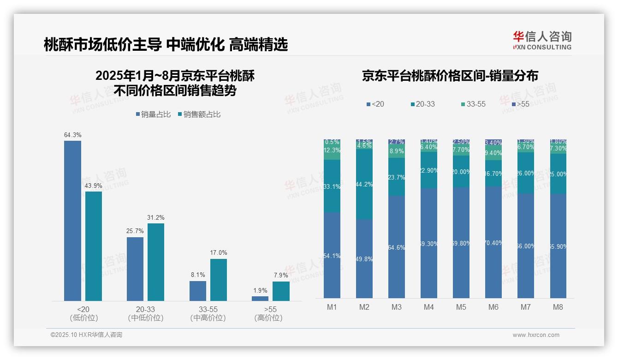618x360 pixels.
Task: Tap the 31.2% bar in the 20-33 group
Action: (156, 262)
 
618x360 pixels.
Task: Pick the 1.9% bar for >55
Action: (260, 299)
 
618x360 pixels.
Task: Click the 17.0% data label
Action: (219, 253)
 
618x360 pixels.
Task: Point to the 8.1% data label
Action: (198, 275)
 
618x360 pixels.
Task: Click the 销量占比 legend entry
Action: (153, 114)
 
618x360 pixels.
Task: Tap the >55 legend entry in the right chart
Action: (520, 104)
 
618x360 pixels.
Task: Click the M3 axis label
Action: (397, 307)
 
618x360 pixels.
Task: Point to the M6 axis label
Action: (493, 307)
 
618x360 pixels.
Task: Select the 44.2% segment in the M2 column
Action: (364, 184)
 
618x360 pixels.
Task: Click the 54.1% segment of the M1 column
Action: (332, 255)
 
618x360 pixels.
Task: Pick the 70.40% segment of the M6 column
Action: (493, 242)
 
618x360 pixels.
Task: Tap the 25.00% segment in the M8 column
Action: (558, 174)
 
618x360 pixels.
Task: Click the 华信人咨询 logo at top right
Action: (542, 40)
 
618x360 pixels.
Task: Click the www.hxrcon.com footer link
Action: (536, 335)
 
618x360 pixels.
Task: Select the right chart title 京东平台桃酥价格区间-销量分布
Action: (450, 76)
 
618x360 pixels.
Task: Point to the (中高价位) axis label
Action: (208, 318)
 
